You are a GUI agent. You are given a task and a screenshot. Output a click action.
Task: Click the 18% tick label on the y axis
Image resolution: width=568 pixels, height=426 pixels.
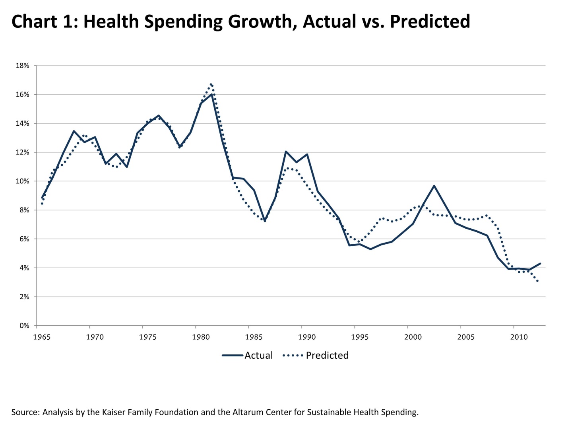(22, 66)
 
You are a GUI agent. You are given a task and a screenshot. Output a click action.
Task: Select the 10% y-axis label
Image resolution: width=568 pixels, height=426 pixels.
(22, 181)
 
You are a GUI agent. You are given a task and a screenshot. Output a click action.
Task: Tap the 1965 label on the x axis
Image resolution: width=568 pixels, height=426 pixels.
(42, 337)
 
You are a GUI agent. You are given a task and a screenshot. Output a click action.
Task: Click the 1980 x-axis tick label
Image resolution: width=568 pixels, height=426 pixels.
(201, 337)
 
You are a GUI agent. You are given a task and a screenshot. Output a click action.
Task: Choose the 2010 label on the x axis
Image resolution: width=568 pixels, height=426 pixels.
(519, 337)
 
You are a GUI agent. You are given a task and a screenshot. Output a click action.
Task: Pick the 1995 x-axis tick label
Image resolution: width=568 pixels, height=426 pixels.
(360, 337)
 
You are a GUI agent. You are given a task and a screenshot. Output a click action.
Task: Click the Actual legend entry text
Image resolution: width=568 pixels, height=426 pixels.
(258, 356)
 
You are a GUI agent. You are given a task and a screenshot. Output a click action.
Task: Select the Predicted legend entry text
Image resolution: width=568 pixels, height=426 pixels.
(327, 356)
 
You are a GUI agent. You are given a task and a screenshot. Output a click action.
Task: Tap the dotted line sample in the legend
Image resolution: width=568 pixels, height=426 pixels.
(293, 356)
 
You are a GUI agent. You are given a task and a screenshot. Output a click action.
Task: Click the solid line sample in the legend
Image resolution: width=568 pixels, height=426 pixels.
(233, 356)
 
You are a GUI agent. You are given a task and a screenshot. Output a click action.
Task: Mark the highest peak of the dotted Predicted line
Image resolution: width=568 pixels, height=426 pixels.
(211, 84)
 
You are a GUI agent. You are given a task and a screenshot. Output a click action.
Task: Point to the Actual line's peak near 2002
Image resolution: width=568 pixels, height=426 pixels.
(434, 186)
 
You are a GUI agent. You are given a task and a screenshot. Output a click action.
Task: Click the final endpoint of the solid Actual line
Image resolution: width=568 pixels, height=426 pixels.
(540, 263)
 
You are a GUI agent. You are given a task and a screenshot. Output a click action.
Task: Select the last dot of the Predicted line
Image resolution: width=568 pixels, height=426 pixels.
(538, 281)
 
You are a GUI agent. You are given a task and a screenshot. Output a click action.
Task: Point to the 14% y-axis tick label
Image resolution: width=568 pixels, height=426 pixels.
(22, 123)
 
